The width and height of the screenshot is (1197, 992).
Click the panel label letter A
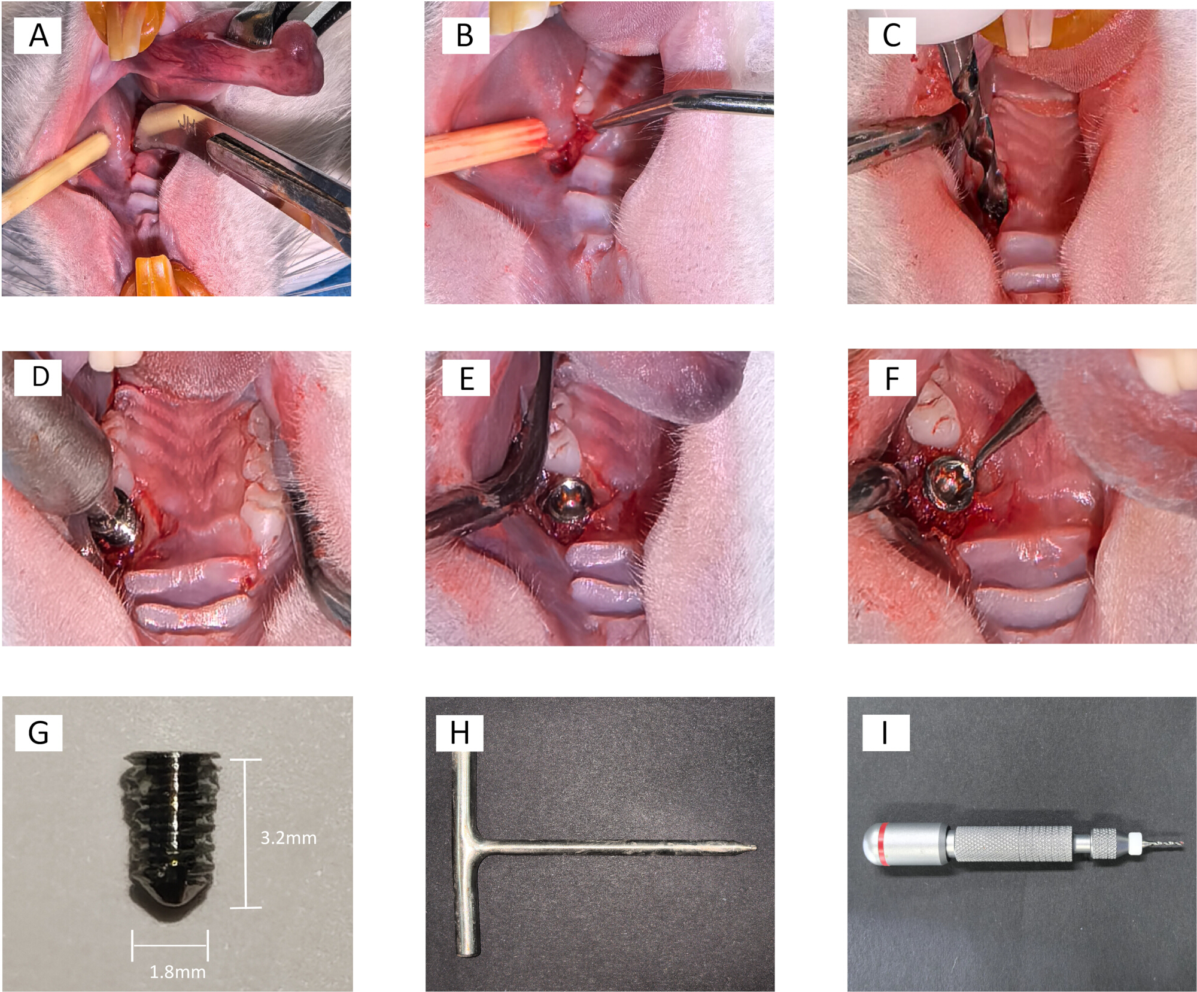(39, 35)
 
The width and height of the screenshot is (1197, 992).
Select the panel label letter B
(465, 35)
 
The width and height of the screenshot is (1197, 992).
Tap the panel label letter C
(892, 35)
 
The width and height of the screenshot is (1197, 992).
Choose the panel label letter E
(467, 379)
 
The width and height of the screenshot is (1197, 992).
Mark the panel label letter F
(892, 378)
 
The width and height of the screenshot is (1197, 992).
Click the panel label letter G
(39, 733)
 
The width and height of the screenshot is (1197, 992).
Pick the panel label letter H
(460, 733)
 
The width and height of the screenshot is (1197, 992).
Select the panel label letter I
(885, 733)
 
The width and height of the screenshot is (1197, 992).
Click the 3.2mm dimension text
(288, 838)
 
